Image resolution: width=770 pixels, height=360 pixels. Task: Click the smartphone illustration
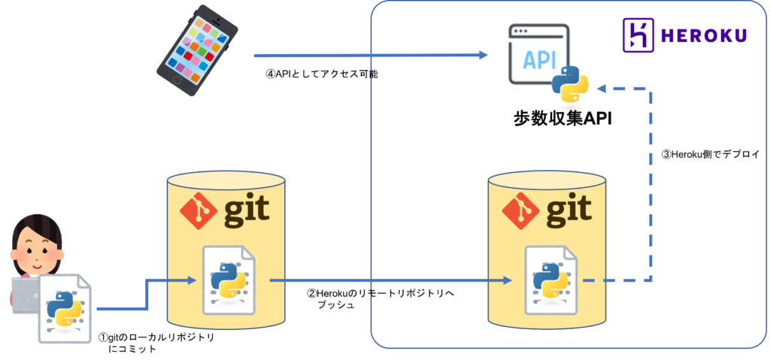tap(198, 49)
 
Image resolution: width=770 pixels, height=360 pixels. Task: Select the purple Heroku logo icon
tap(637, 35)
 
